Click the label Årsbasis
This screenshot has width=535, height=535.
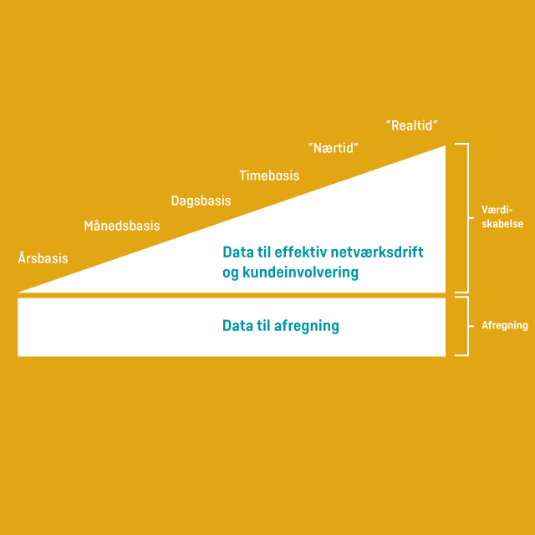pyautogui.click(x=43, y=258)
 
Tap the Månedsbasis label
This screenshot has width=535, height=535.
pyautogui.click(x=121, y=226)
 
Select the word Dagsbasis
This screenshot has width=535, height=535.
pyautogui.click(x=201, y=201)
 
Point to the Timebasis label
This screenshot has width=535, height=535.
pyautogui.click(x=268, y=176)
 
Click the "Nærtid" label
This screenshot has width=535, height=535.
pyautogui.click(x=333, y=148)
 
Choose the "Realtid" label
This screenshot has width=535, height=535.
pyautogui.click(x=412, y=125)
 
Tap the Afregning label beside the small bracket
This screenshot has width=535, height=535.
pyautogui.click(x=504, y=326)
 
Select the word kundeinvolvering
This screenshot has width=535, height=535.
pyautogui.click(x=299, y=273)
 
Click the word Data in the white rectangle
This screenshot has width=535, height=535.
pyautogui.click(x=237, y=326)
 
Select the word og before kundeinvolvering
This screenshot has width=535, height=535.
pyautogui.click(x=231, y=273)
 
